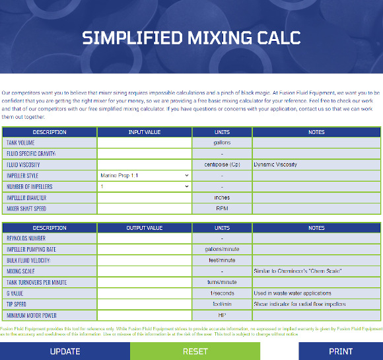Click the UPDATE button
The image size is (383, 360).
(x=65, y=351)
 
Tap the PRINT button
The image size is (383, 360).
(x=340, y=351)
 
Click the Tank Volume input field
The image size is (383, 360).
(x=144, y=143)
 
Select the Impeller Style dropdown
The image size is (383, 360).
(x=144, y=176)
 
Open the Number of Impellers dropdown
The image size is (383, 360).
(x=144, y=187)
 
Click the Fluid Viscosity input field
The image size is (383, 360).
(x=144, y=164)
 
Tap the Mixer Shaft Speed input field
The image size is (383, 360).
(x=144, y=209)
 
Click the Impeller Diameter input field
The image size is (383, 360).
(x=144, y=198)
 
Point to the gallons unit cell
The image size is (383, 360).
(x=222, y=143)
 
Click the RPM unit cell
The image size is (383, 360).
(x=222, y=209)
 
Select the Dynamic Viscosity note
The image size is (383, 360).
(x=275, y=164)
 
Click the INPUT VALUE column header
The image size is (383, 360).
(x=144, y=132)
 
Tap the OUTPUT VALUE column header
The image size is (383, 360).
(x=144, y=228)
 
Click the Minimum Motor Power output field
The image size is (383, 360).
(x=144, y=315)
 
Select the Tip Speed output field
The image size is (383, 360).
(x=144, y=304)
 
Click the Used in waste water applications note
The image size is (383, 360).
(x=292, y=293)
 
